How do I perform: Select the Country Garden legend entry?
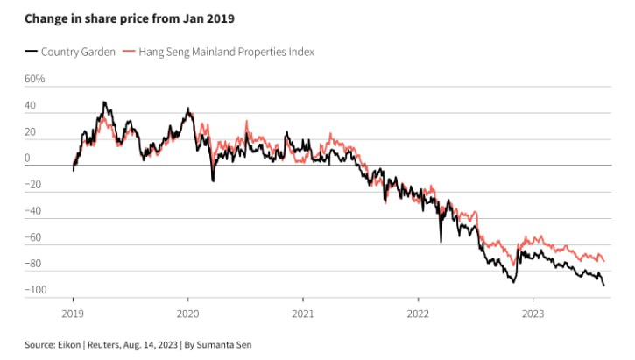[78, 52]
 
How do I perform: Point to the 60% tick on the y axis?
[34, 79]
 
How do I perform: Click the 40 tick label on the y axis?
[32, 106]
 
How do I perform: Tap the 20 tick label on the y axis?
[32, 132]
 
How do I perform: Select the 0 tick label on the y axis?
[28, 159]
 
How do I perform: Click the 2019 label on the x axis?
[73, 312]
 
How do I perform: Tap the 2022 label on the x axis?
[418, 312]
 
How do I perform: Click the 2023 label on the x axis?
[533, 312]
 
